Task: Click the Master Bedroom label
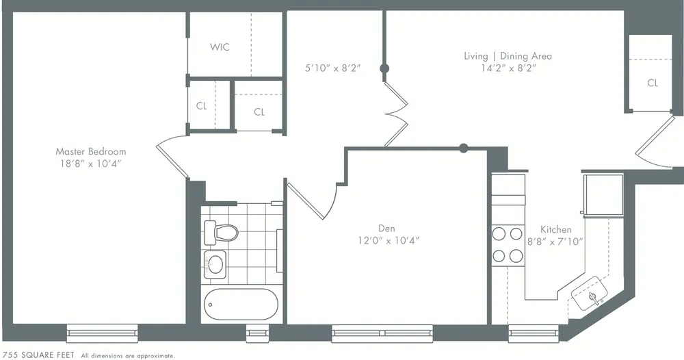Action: coord(91,151)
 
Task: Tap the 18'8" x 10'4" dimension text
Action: coord(91,164)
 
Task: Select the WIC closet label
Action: coord(220,47)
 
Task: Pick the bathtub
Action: coord(241,304)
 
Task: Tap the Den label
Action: coord(386,228)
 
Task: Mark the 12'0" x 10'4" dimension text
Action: coord(388,240)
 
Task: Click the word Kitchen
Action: coord(555,229)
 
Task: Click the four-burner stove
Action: coord(507,245)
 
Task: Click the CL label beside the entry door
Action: coord(653,83)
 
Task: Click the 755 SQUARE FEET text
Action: coord(38,355)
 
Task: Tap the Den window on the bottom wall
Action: coord(382,333)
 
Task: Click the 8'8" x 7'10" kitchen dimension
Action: coord(556,241)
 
